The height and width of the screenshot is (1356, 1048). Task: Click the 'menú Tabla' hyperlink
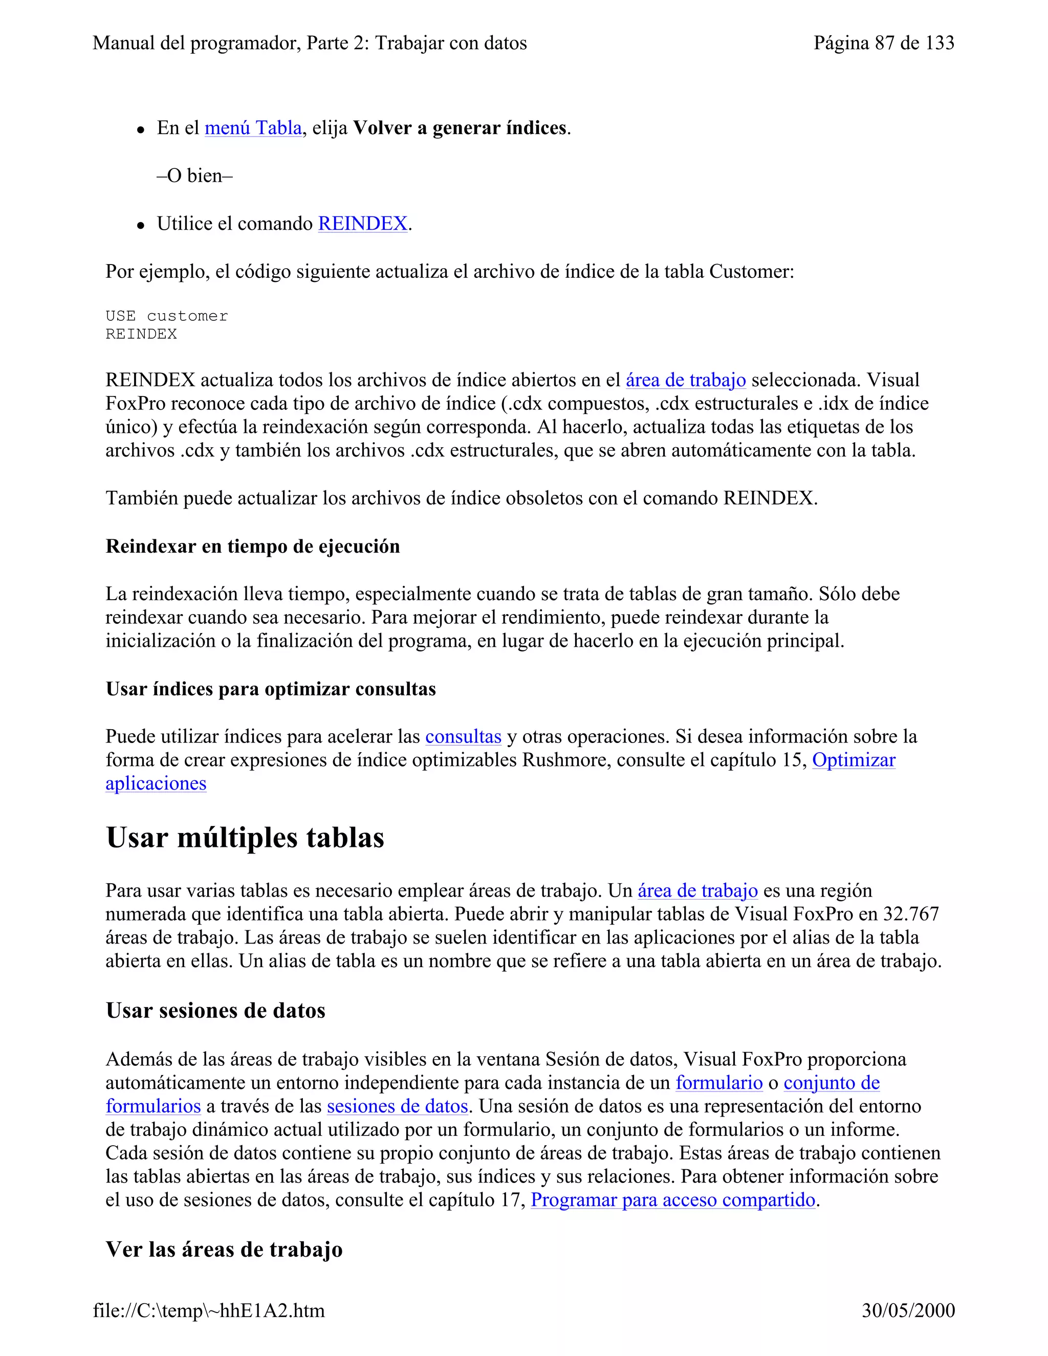253,128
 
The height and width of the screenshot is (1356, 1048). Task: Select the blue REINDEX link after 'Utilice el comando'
363,224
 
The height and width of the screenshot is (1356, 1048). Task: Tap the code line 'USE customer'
166,316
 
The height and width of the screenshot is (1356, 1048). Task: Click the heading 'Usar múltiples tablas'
245,838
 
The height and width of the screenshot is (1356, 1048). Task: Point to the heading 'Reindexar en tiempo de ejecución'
253,546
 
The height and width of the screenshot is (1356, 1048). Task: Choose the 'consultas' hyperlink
463,736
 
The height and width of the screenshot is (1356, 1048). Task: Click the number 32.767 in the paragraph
911,914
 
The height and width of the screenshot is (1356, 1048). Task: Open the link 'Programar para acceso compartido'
673,1200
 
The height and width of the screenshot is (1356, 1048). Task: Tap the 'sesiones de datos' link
397,1106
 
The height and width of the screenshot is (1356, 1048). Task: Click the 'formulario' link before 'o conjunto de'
719,1083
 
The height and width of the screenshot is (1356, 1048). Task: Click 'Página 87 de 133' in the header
883,43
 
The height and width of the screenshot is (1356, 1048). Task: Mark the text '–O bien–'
194,176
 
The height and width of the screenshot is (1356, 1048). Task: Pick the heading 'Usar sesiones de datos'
215,1010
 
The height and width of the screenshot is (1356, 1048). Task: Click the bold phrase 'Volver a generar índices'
460,128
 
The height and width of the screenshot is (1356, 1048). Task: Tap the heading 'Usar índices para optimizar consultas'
271,689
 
